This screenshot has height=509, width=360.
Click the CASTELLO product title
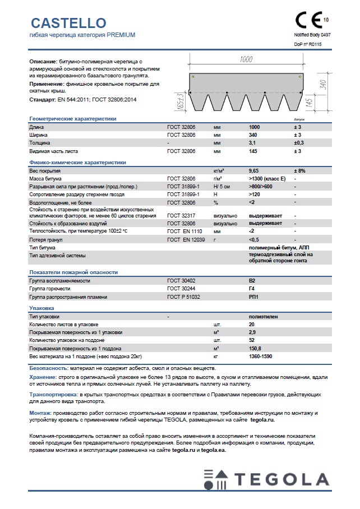tap(68, 23)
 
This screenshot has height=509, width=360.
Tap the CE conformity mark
tap(308, 21)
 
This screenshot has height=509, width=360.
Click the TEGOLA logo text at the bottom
tap(281, 479)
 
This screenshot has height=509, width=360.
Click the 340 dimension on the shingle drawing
tap(321, 85)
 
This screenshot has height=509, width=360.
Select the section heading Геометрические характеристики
tap(72, 119)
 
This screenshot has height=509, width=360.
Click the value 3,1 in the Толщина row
tap(253, 143)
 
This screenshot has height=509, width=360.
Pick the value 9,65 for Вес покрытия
tap(255, 170)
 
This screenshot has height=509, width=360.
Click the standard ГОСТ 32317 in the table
tap(179, 216)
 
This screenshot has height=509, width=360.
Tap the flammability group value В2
tap(252, 280)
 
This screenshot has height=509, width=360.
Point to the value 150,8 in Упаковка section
tap(256, 348)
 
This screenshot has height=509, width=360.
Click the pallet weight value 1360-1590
tap(261, 356)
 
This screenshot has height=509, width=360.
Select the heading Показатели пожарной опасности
tap(73, 272)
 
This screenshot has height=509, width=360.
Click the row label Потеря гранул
tap(47, 239)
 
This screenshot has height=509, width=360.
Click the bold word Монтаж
tap(41, 413)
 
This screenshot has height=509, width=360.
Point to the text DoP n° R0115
tap(307, 44)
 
